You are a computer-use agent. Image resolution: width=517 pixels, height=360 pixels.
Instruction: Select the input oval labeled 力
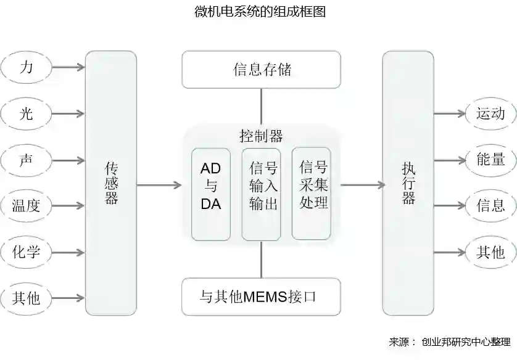[26, 67]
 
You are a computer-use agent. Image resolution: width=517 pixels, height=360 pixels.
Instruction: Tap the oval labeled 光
[26, 113]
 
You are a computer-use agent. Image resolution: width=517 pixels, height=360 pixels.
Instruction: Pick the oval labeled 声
[26, 160]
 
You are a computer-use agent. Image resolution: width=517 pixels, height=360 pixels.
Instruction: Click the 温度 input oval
[26, 206]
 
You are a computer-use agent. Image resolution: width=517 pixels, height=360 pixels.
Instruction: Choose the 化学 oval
[26, 252]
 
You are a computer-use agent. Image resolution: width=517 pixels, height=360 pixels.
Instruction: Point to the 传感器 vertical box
[111, 183]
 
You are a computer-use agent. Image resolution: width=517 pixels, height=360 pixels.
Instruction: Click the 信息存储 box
[261, 70]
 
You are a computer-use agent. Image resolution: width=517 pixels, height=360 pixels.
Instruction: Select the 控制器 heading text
[261, 136]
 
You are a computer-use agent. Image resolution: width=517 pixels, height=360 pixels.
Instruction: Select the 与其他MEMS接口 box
[261, 297]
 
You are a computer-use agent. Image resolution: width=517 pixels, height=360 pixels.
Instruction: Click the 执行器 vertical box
[408, 183]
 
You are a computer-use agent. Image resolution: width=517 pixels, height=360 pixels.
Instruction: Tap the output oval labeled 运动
[491, 113]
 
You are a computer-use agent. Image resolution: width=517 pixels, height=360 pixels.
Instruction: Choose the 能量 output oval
[491, 160]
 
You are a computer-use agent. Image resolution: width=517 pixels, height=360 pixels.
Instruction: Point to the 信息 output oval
[491, 205]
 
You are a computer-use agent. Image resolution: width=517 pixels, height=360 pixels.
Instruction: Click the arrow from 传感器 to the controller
[159, 184]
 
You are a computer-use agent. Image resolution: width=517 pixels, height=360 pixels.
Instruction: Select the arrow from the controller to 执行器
[362, 184]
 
